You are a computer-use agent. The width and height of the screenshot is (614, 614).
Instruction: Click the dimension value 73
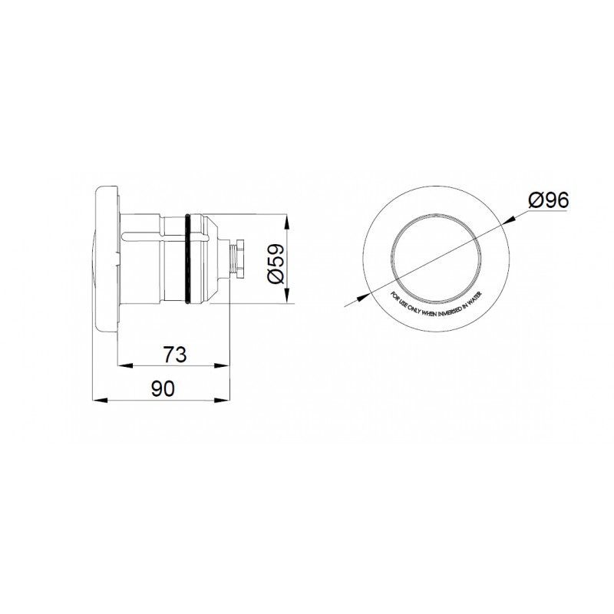point(176,354)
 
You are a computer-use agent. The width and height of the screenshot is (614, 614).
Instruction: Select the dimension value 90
point(163,388)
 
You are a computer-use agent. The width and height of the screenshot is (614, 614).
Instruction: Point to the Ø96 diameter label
point(548,201)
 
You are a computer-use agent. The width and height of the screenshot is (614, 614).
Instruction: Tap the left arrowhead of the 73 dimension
point(120,365)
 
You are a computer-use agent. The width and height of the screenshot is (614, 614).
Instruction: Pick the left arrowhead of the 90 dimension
point(96,399)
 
